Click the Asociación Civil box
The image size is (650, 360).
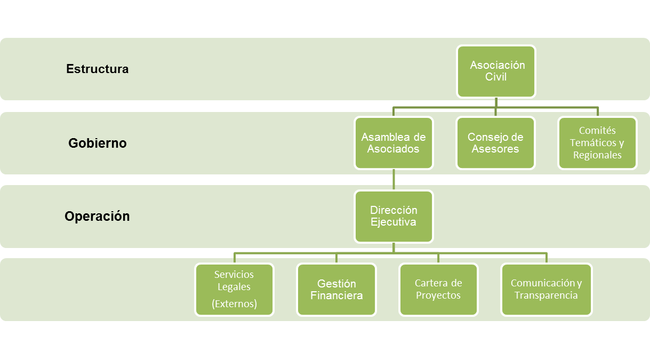(x=496, y=71)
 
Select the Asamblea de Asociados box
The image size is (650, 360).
(x=394, y=143)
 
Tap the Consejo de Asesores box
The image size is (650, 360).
(x=496, y=143)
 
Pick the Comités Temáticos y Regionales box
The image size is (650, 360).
(x=597, y=143)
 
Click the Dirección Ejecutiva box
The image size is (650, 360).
(x=394, y=216)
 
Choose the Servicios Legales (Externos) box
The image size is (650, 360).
(x=234, y=290)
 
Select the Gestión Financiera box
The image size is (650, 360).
(x=336, y=290)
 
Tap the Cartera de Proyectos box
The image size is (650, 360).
(x=438, y=290)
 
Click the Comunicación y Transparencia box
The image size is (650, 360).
(x=547, y=290)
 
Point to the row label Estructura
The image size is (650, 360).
(x=97, y=69)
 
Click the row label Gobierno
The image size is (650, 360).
(x=98, y=143)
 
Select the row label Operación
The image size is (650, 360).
(x=97, y=217)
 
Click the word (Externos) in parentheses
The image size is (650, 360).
(x=234, y=304)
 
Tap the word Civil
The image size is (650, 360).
(x=496, y=77)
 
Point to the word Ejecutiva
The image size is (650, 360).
(x=394, y=222)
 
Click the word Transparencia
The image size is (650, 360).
(x=546, y=295)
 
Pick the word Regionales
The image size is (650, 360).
(x=597, y=155)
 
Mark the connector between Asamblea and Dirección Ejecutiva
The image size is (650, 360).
(x=394, y=180)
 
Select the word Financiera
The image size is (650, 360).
(x=336, y=295)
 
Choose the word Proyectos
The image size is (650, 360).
(x=438, y=295)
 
